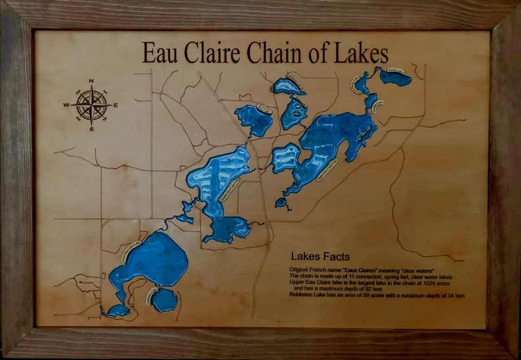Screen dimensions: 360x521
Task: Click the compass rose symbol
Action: (x=91, y=104)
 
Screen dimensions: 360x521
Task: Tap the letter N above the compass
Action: (x=91, y=82)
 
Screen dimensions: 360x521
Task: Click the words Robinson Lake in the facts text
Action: (x=310, y=295)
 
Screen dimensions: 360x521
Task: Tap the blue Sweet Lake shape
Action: (x=396, y=78)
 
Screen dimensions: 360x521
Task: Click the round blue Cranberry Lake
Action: (x=165, y=300)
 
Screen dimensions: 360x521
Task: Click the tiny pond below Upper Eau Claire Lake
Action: (x=281, y=203)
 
